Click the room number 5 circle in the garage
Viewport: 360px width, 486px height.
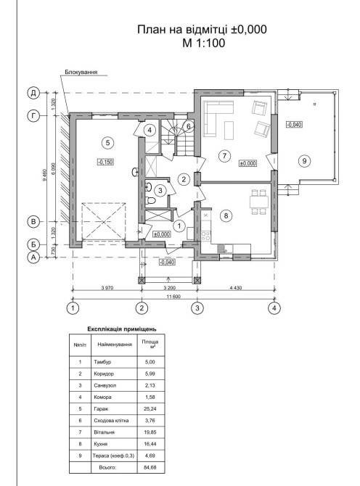pyautogui.click(x=107, y=143)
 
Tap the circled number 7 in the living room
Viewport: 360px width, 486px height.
pyautogui.click(x=224, y=156)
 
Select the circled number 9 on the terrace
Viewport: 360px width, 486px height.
pyautogui.click(x=305, y=160)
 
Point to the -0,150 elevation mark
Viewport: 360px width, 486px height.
pyautogui.click(x=106, y=162)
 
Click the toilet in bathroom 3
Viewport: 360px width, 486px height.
pyautogui.click(x=151, y=200)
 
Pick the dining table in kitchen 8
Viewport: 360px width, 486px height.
pyautogui.click(x=259, y=202)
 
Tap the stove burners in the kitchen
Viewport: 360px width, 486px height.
pyautogui.click(x=205, y=236)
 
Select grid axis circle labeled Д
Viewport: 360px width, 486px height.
pyautogui.click(x=33, y=93)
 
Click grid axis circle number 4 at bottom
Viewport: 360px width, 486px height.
pyautogui.click(x=274, y=308)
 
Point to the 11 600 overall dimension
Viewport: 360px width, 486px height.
pyautogui.click(x=173, y=296)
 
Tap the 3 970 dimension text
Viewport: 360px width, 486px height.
pyautogui.click(x=107, y=288)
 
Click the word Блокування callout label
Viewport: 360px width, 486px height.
pyautogui.click(x=81, y=73)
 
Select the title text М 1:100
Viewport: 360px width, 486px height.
pyautogui.click(x=204, y=43)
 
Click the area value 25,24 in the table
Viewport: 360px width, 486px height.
pyautogui.click(x=150, y=409)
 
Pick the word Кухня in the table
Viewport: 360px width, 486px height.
pyautogui.click(x=101, y=444)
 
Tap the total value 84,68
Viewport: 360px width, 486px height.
pyautogui.click(x=150, y=467)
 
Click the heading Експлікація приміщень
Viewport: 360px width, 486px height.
pyautogui.click(x=122, y=329)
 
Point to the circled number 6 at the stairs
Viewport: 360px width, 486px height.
pyautogui.click(x=188, y=126)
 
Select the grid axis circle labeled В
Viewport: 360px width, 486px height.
pyautogui.click(x=33, y=222)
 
